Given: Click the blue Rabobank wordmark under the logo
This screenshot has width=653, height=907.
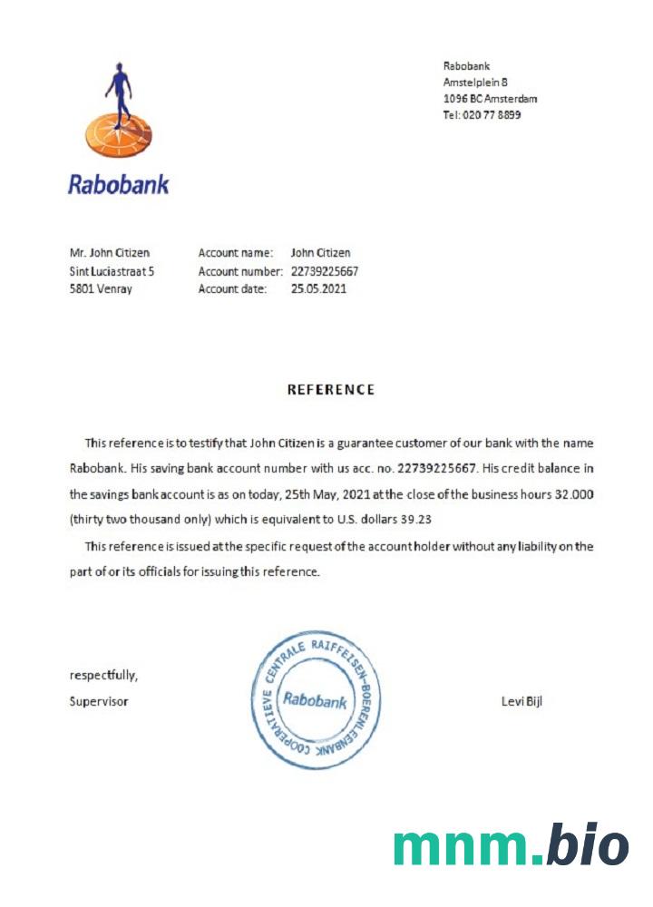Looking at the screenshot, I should click(x=118, y=184).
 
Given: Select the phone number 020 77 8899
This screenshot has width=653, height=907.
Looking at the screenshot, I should click(x=493, y=115).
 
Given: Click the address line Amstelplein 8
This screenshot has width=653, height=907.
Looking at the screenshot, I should click(x=475, y=82).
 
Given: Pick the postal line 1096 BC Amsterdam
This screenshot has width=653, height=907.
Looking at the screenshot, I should click(x=490, y=98).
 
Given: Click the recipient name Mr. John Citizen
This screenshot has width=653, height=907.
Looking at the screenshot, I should click(x=110, y=253).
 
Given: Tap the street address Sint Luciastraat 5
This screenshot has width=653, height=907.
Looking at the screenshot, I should click(x=112, y=271).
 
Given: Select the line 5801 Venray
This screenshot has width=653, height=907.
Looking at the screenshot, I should click(x=101, y=289).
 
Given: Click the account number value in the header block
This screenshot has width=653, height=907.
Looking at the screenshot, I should click(x=325, y=271).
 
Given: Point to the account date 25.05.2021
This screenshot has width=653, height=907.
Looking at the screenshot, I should click(x=318, y=289).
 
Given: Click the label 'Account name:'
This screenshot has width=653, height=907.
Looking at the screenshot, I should click(x=236, y=253).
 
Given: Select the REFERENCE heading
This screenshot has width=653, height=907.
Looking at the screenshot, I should click(x=331, y=390).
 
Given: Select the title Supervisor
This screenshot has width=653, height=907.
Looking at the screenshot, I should click(x=99, y=701).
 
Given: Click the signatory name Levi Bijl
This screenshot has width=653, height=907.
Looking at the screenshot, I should click(x=521, y=701).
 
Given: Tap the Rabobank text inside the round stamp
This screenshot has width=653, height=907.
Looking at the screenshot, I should click(x=315, y=700).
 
